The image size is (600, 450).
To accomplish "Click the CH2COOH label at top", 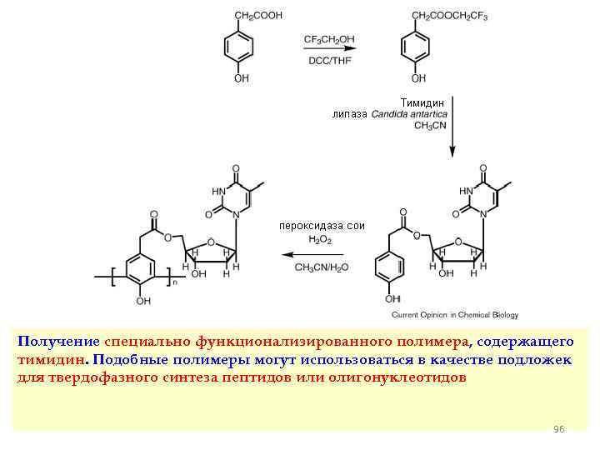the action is (257, 15).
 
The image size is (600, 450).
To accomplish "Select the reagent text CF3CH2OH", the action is (329, 38).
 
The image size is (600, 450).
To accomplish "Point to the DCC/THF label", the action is (329, 61).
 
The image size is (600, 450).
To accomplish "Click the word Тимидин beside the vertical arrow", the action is (425, 102).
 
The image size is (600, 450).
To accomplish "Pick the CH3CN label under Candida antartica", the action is (431, 125).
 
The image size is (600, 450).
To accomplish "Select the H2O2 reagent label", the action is (320, 239).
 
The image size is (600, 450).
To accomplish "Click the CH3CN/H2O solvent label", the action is (321, 267).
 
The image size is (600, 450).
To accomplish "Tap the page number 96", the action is (558, 428).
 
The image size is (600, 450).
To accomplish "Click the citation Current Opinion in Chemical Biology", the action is (454, 315).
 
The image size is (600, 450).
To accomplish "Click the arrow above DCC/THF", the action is (329, 49).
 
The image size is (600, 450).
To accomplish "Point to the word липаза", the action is (349, 113).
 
